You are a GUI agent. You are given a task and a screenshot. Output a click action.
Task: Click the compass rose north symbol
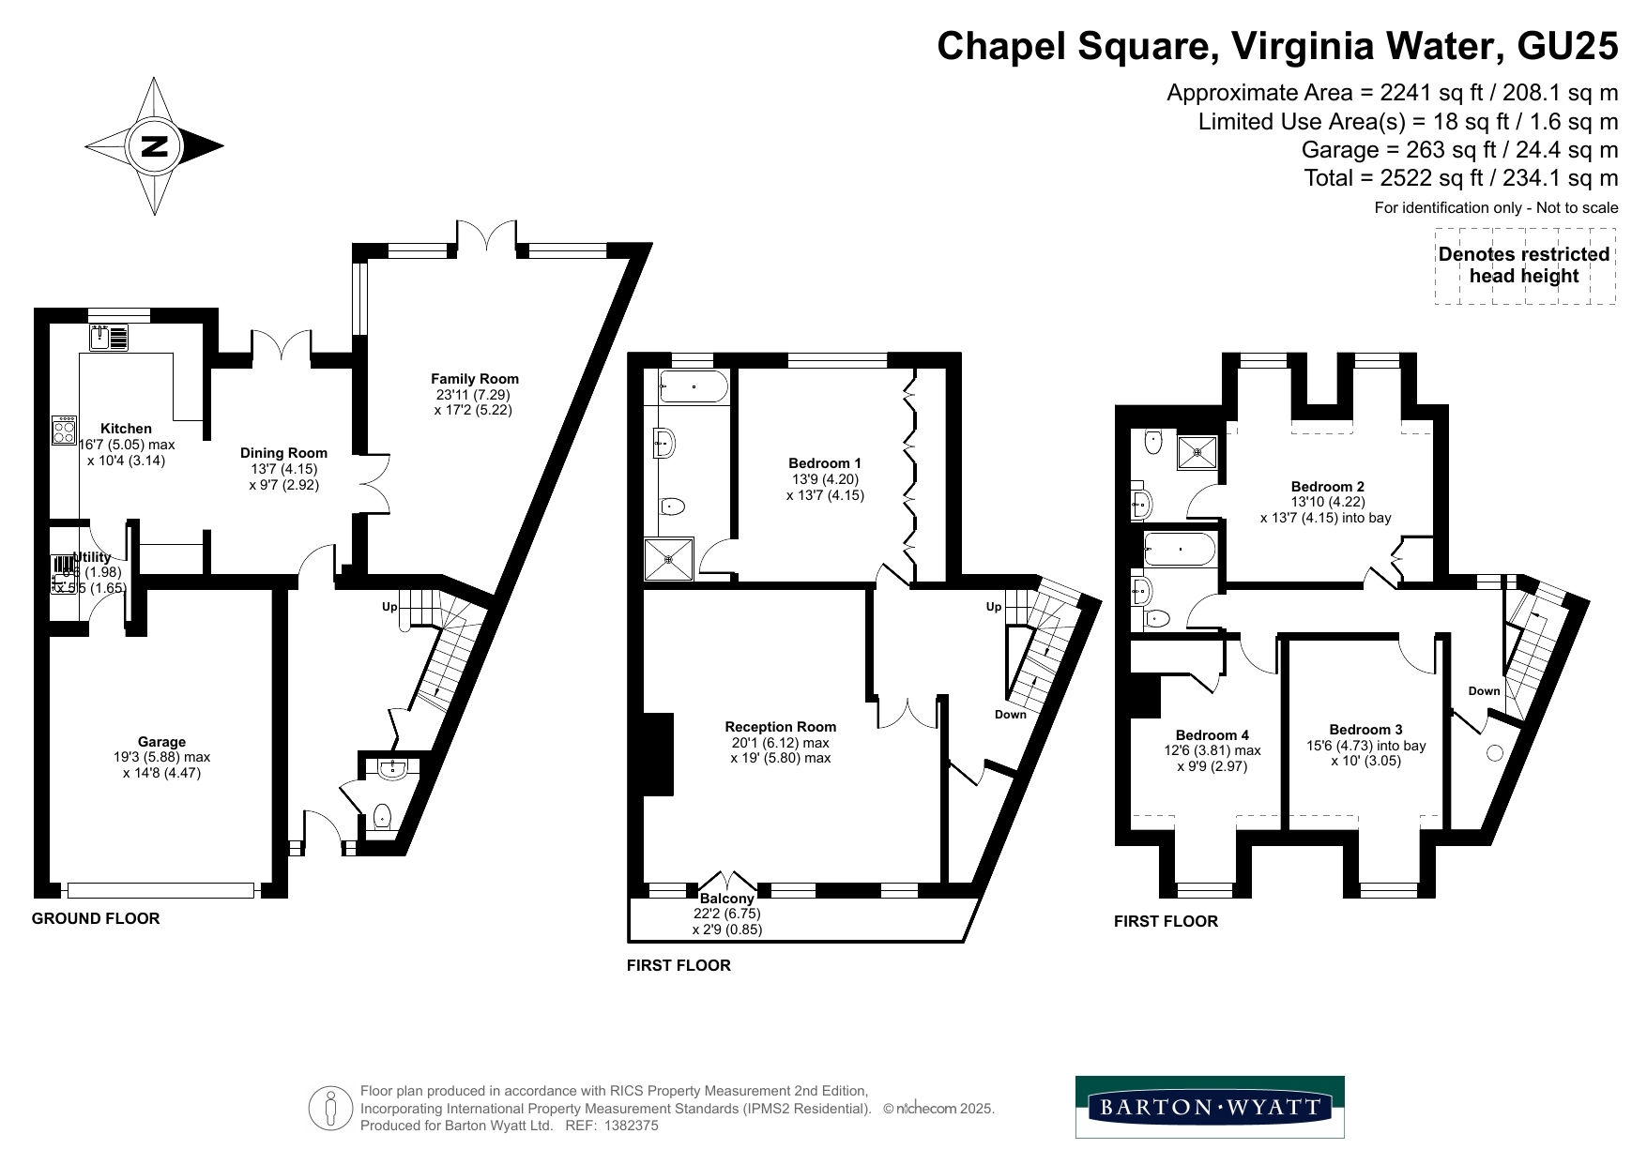tap(154, 146)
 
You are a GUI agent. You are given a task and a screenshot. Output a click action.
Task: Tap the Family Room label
tap(475, 379)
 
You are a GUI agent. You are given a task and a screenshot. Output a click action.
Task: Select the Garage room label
tap(161, 742)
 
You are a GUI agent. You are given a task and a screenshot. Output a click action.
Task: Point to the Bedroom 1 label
tap(824, 463)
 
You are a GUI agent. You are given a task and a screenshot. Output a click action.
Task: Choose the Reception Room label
tap(780, 727)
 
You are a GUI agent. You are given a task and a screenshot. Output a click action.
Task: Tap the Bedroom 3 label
tap(1365, 730)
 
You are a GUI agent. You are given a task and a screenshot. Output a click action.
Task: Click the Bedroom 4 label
tap(1212, 735)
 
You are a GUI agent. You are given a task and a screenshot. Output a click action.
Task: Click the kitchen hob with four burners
tap(65, 431)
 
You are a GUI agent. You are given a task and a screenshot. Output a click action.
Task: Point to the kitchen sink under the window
tap(109, 337)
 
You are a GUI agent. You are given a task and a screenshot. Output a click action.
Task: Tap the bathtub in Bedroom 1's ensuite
tap(694, 386)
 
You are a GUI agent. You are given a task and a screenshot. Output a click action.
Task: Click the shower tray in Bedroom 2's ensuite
tap(1197, 452)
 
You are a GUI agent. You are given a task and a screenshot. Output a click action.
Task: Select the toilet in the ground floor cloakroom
tap(382, 818)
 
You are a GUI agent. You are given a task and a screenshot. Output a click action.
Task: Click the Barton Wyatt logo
tap(1210, 1107)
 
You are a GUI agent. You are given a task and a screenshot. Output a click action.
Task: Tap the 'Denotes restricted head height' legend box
tap(1524, 265)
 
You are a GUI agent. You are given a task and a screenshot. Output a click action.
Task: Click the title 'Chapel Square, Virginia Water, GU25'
tap(1277, 46)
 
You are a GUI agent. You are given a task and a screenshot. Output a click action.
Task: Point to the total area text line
tap(1460, 178)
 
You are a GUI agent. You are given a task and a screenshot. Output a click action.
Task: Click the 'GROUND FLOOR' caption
tap(96, 918)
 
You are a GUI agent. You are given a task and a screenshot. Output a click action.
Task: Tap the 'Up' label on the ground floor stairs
tap(389, 607)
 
